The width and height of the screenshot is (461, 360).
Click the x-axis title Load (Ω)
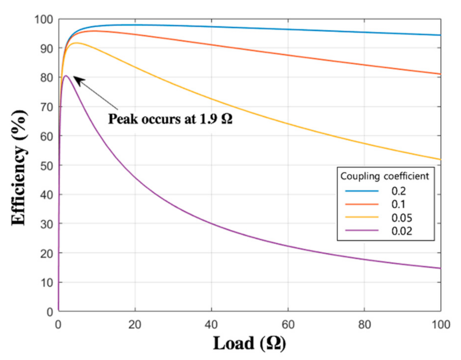[x=250, y=343]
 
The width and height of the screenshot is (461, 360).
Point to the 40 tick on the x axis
[x=211, y=325]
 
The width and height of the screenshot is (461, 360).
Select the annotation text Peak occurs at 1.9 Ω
[x=171, y=119]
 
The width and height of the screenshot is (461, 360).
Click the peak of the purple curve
[x=65, y=76]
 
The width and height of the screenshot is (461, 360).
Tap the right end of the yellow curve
[x=440, y=159]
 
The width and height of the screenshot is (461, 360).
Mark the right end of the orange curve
[x=440, y=74]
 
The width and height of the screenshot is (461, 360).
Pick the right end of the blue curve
[x=440, y=35]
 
